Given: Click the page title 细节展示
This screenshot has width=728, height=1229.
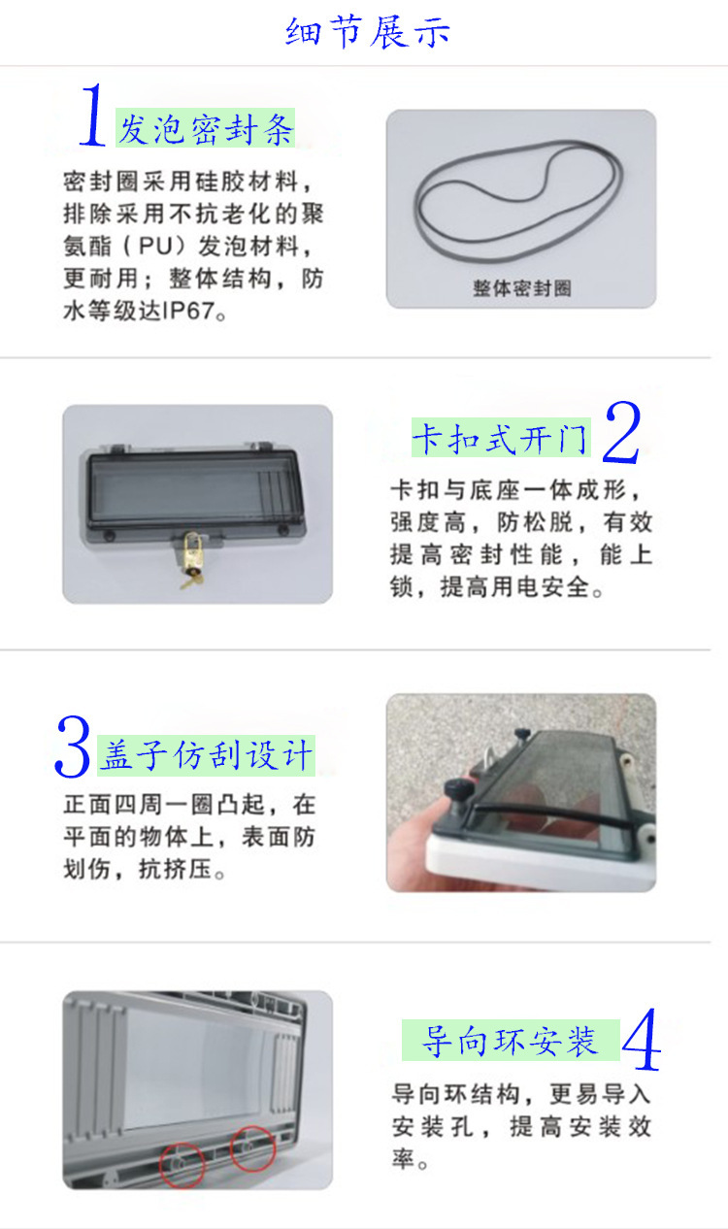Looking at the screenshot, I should (368, 32).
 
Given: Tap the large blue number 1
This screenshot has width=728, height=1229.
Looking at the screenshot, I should (92, 116).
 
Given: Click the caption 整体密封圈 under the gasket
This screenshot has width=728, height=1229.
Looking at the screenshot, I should (521, 288).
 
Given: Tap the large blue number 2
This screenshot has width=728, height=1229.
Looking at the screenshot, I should (621, 434).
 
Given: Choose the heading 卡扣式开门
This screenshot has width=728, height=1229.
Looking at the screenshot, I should (500, 439).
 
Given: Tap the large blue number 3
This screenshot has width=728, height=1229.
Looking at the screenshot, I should (73, 747).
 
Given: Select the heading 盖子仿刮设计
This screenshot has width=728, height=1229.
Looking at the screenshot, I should (206, 755).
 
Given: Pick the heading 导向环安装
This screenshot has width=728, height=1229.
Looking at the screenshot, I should (510, 1041).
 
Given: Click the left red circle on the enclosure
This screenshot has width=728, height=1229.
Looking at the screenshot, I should (182, 1162).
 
